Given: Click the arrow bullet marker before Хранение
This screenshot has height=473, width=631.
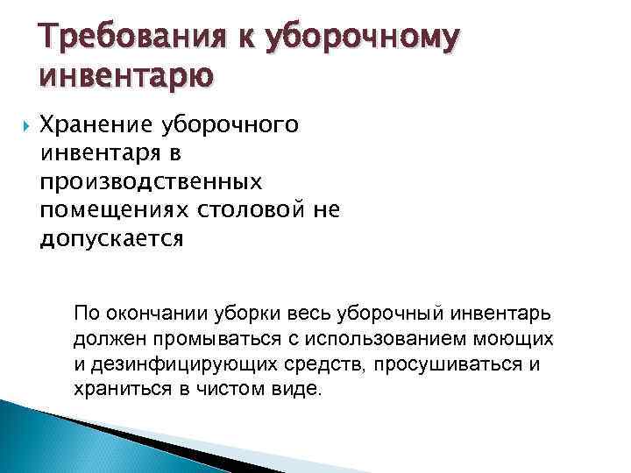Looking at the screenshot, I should click(19, 127).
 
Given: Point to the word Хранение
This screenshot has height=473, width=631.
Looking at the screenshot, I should click(98, 127).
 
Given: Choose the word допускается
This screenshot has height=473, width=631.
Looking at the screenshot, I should click(112, 238).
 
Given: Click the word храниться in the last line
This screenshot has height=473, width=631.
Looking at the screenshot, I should click(116, 388).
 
